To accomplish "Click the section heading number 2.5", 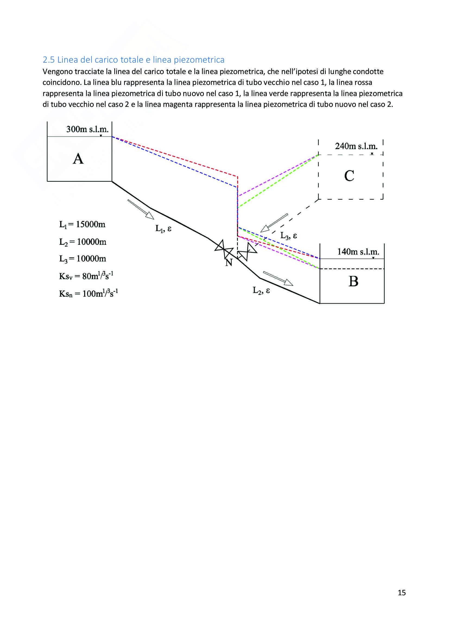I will tap(49, 60).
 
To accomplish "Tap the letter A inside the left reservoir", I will tap(78, 159).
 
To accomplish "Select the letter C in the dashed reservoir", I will tap(349, 176).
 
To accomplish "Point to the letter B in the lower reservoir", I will tap(353, 281).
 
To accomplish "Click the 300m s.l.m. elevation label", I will tap(87, 129).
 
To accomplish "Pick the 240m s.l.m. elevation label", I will tap(356, 146).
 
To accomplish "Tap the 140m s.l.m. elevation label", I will tap(358, 252).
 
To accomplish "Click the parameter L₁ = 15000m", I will tap(82, 225).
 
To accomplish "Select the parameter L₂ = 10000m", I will tap(83, 242).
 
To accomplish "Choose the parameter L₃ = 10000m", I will tap(83, 259).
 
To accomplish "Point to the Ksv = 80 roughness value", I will tap(86, 276).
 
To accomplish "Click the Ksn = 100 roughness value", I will tap(88, 293).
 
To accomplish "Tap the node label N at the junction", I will tap(229, 262).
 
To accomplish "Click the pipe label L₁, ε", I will tap(163, 229).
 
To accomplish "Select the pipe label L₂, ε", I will tap(261, 290).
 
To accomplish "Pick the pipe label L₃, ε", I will tap(289, 236).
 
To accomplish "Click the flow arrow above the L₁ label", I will tap(141, 209).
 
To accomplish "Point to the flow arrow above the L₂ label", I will tap(278, 278).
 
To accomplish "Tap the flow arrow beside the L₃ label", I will tap(274, 223).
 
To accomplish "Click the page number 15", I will tap(401, 593).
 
